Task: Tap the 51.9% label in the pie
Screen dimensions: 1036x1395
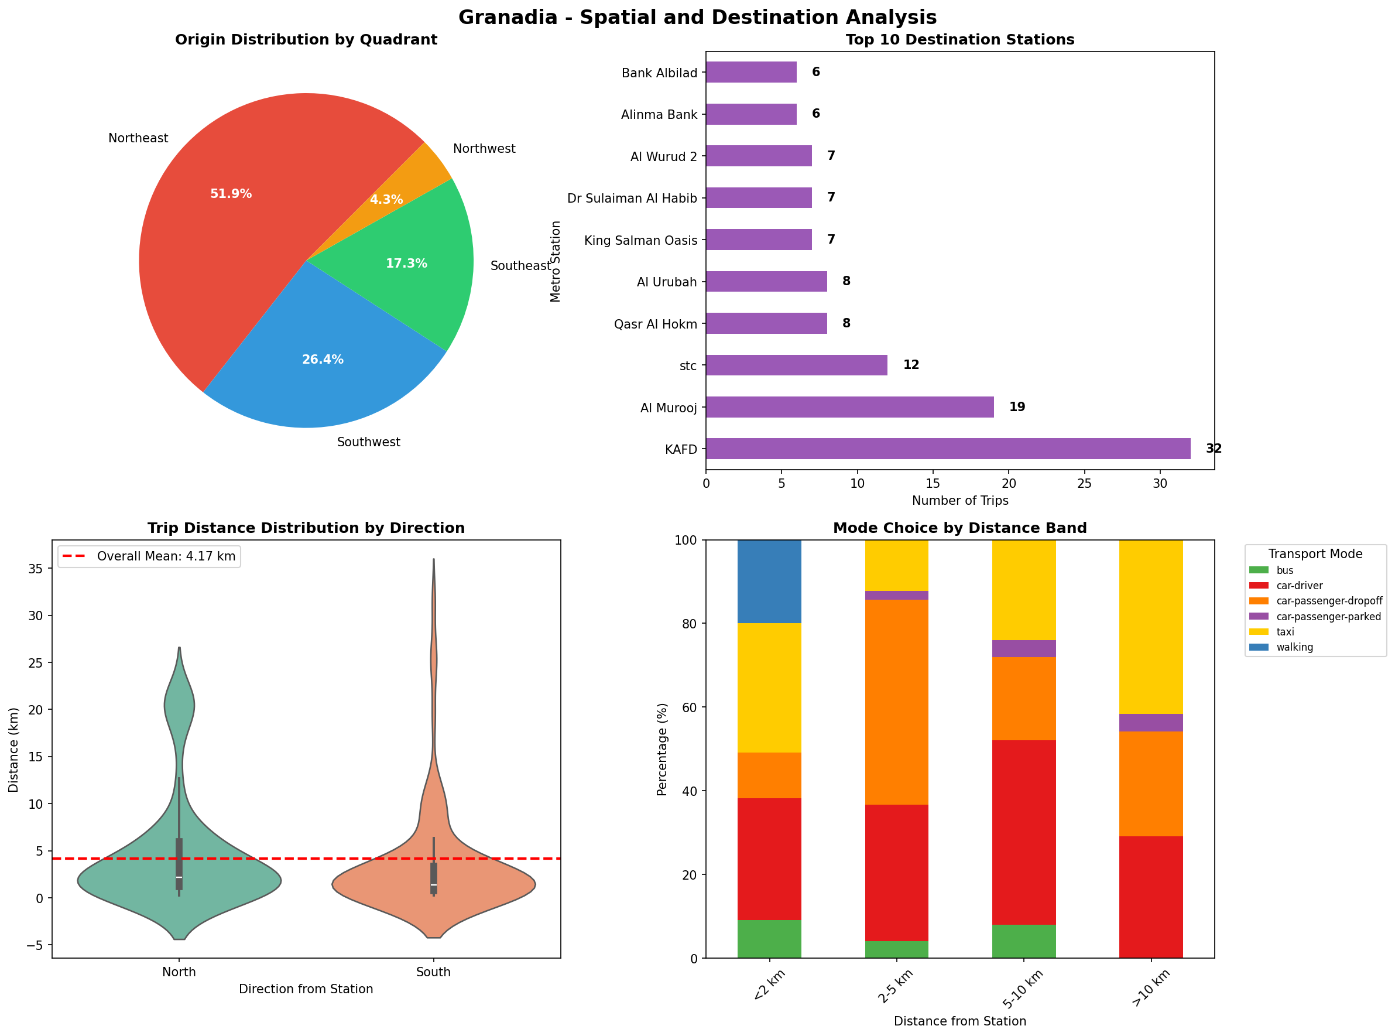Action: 231,194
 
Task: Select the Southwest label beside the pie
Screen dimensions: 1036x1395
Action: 368,442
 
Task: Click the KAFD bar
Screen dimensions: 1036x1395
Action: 948,449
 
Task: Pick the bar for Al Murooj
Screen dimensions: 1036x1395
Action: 849,407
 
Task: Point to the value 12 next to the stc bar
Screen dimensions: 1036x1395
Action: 910,365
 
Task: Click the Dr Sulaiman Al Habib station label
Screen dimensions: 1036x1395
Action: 632,199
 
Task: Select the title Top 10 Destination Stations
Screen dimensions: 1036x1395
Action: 959,39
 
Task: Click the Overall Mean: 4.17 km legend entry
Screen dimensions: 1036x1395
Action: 166,556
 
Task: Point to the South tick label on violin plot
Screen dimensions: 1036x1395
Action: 433,972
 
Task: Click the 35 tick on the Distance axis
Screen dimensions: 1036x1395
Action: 35,569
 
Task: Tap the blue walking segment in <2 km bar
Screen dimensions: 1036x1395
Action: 769,581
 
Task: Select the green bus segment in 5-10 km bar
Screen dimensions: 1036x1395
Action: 1023,941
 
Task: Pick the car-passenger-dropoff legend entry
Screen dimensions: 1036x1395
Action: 1329,601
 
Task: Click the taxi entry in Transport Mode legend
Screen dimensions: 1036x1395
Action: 1285,631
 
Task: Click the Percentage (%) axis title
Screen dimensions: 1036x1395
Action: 661,749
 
